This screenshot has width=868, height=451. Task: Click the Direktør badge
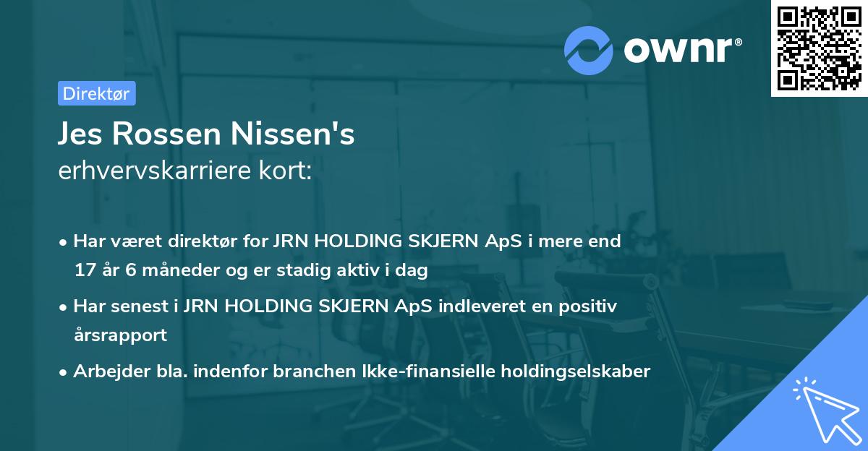[95, 93]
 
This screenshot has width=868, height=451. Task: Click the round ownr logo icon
[588, 50]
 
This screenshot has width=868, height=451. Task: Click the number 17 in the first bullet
[84, 270]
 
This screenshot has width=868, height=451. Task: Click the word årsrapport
[120, 335]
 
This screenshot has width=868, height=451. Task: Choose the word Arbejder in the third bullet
[106, 371]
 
